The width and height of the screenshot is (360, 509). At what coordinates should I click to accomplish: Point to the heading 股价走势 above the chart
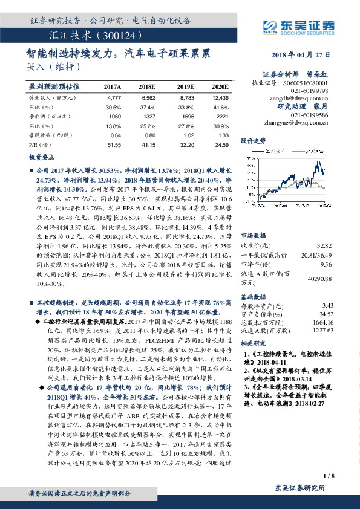[254, 140]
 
